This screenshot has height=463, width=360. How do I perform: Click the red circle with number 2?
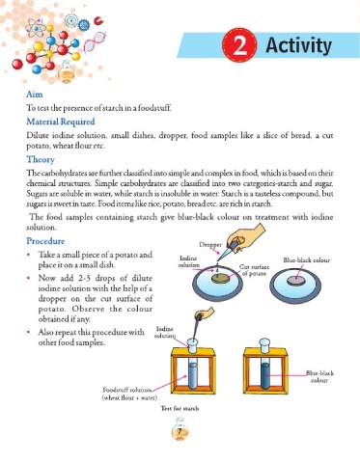click(x=239, y=45)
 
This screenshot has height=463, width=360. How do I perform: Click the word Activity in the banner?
click(x=298, y=45)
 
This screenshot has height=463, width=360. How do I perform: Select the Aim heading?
click(x=35, y=95)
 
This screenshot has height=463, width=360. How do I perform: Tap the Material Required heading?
click(x=61, y=122)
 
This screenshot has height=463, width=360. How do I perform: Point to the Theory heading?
click(x=41, y=159)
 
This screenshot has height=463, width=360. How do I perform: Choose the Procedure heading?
click(x=45, y=241)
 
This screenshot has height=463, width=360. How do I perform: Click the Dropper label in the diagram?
click(x=210, y=244)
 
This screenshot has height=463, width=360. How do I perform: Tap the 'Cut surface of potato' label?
click(x=254, y=270)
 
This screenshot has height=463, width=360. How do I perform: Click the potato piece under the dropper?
click(x=221, y=279)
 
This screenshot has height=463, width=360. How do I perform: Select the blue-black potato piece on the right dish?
click(x=296, y=281)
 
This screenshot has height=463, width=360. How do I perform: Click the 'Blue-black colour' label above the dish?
click(x=306, y=260)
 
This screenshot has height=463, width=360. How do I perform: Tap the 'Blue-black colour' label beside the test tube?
click(x=319, y=376)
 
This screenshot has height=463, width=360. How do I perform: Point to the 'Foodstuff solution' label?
click(x=129, y=394)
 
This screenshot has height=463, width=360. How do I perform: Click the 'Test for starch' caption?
click(x=180, y=408)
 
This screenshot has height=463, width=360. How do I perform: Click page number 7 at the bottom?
click(x=180, y=431)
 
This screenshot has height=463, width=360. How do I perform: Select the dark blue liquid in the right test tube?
click(x=265, y=375)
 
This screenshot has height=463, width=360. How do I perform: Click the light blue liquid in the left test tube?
click(x=192, y=375)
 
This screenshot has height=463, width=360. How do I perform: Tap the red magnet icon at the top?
click(x=98, y=21)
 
